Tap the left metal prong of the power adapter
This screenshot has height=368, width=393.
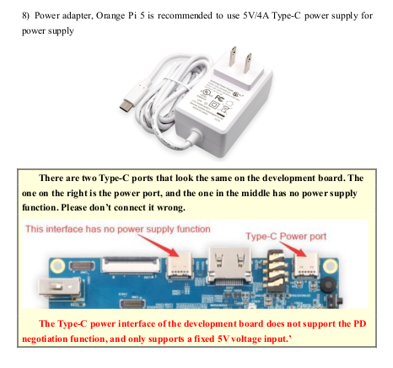[x=233, y=56]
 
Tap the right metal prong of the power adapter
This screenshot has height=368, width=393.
[x=248, y=63]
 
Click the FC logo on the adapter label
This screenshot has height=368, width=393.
[x=219, y=98]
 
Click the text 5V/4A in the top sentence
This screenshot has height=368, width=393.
[x=256, y=15]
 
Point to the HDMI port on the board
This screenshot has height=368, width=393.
[x=229, y=265]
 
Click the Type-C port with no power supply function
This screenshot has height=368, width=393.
[x=180, y=266]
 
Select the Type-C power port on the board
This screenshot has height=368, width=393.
[x=306, y=266]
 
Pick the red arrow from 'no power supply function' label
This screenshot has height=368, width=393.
[x=158, y=245]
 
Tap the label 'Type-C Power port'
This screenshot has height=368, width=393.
[x=286, y=237]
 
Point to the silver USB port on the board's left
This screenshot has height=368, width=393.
[x=60, y=287]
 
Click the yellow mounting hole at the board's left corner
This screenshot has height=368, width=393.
[x=57, y=265]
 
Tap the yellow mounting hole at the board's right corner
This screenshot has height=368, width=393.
[x=330, y=266]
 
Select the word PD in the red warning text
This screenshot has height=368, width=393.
[x=359, y=323]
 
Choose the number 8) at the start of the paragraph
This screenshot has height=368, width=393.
[x=25, y=16]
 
